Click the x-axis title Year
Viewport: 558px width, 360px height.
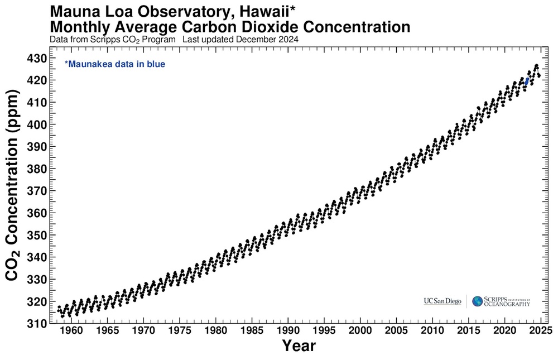point(299,346)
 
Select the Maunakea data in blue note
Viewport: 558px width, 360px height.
point(115,64)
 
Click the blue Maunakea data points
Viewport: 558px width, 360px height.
point(527,81)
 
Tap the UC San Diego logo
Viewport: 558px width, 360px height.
point(442,301)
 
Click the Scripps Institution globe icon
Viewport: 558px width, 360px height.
point(477,301)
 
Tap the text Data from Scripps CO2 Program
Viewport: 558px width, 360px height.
point(113,40)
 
